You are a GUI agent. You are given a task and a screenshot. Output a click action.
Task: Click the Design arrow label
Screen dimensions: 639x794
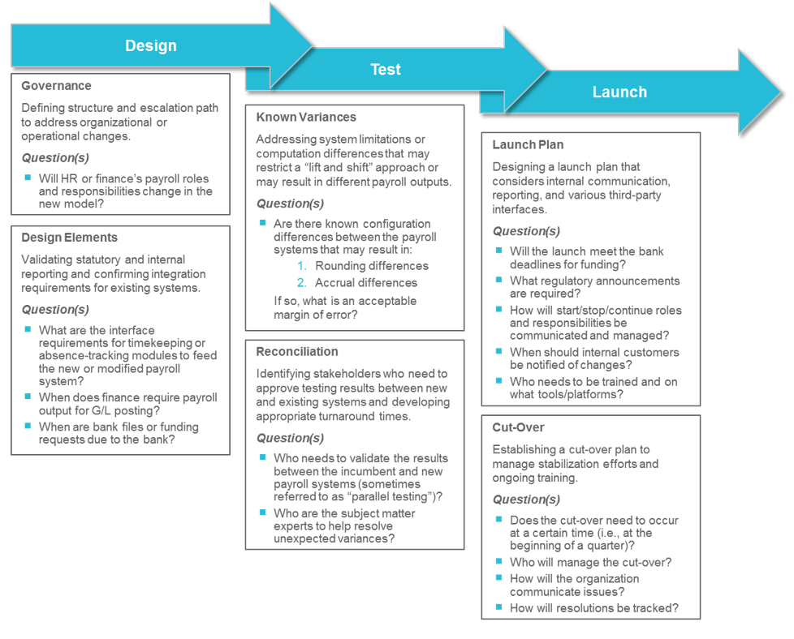tap(150, 46)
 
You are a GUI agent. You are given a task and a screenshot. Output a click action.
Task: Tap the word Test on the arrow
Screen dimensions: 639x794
tap(385, 70)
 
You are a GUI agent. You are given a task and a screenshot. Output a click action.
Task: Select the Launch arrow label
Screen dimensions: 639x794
tap(619, 92)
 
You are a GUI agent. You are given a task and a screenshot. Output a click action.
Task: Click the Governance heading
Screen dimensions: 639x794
tap(56, 86)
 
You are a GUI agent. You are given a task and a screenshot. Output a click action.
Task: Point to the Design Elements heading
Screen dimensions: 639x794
tap(69, 238)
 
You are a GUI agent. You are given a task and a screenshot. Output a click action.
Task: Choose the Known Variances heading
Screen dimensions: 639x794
tap(306, 118)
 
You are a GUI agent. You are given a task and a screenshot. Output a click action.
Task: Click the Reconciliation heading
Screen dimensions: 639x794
tap(297, 352)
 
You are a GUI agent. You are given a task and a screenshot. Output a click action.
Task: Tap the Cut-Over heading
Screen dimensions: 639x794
tap(518, 427)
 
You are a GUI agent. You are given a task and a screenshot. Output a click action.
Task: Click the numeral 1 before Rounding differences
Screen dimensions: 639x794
tap(300, 266)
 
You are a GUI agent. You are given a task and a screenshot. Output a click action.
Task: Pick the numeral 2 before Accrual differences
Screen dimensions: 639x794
tap(300, 283)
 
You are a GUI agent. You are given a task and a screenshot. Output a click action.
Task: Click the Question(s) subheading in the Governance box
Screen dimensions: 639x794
tap(55, 158)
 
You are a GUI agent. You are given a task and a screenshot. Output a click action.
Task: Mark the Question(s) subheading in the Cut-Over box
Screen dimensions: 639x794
tap(526, 500)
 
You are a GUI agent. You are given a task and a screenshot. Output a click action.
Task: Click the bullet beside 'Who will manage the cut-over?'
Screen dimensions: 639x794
tap(499, 561)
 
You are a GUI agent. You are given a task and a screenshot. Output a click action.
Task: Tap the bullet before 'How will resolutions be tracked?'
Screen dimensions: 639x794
tap(499, 607)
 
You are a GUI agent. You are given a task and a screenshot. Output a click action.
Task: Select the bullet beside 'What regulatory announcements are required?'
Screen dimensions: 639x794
tap(499, 280)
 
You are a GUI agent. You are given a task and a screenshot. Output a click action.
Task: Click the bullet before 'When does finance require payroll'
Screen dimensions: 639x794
tap(28, 397)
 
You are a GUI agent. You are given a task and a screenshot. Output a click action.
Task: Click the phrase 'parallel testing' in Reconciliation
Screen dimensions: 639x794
tap(398, 497)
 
